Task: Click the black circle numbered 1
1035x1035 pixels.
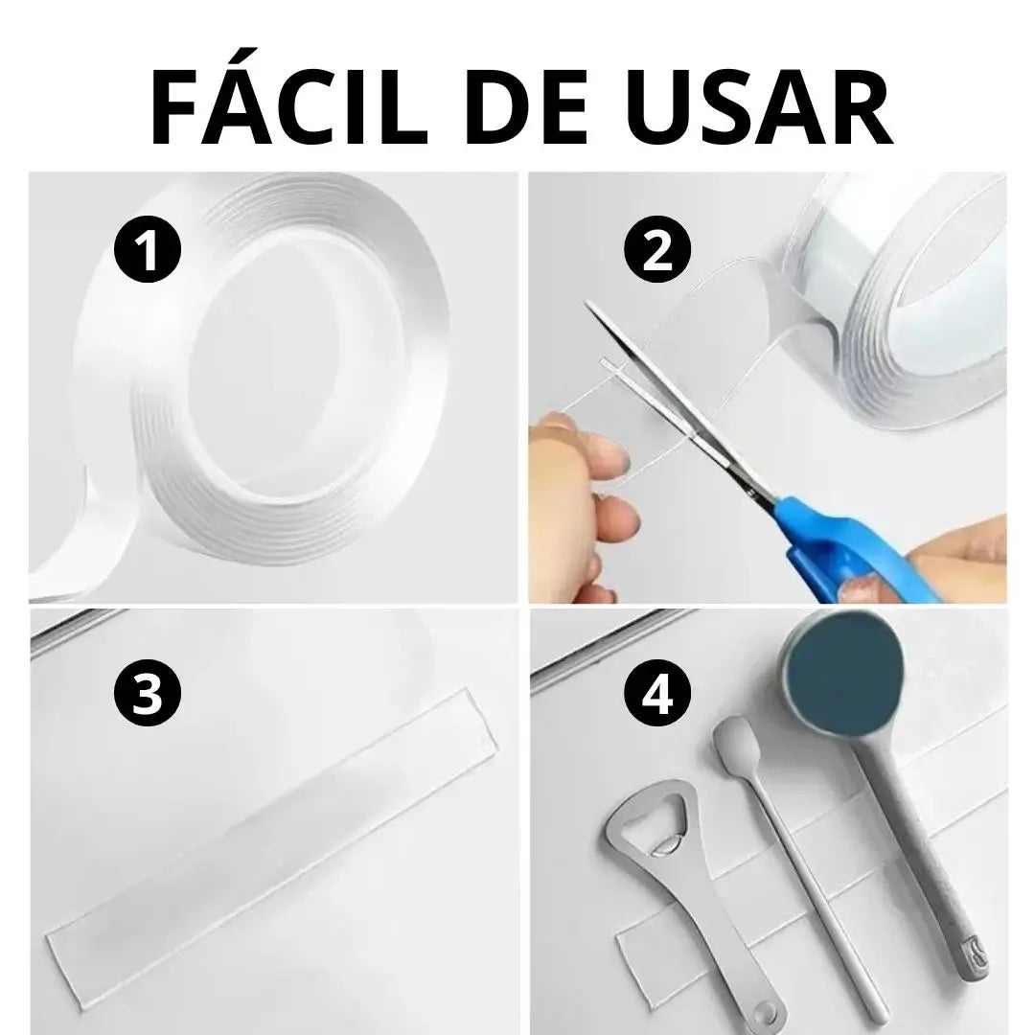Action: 148,250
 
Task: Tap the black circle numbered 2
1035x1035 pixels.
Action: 656,249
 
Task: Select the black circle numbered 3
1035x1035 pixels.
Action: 147,695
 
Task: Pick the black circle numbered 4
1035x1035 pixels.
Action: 656,695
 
